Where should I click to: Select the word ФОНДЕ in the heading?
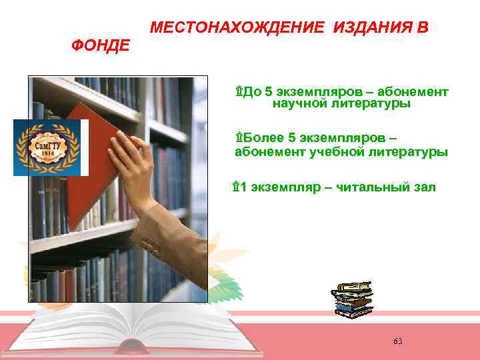click(101, 46)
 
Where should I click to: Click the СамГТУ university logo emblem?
click(47, 147)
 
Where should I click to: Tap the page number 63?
click(398, 341)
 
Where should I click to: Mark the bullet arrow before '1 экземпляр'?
click(235, 187)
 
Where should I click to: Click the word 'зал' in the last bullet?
click(424, 187)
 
